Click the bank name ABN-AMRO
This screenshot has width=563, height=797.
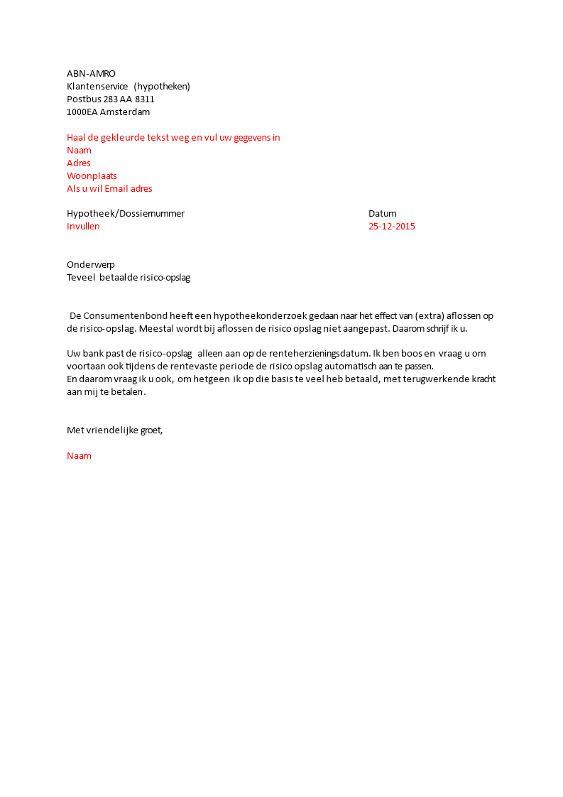(91, 74)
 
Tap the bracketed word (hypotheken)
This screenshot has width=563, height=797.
(162, 87)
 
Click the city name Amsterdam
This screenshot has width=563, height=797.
(125, 112)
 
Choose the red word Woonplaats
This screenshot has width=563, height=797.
(92, 176)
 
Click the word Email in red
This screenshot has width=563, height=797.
(119, 189)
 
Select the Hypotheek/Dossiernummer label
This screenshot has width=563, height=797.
(126, 214)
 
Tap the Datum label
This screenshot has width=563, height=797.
(383, 214)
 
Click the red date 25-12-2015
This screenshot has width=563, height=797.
(392, 227)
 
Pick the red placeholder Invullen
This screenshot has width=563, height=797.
(83, 227)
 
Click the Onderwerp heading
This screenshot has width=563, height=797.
(91, 265)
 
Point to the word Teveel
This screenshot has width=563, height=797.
(81, 278)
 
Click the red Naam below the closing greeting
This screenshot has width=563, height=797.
(79, 456)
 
